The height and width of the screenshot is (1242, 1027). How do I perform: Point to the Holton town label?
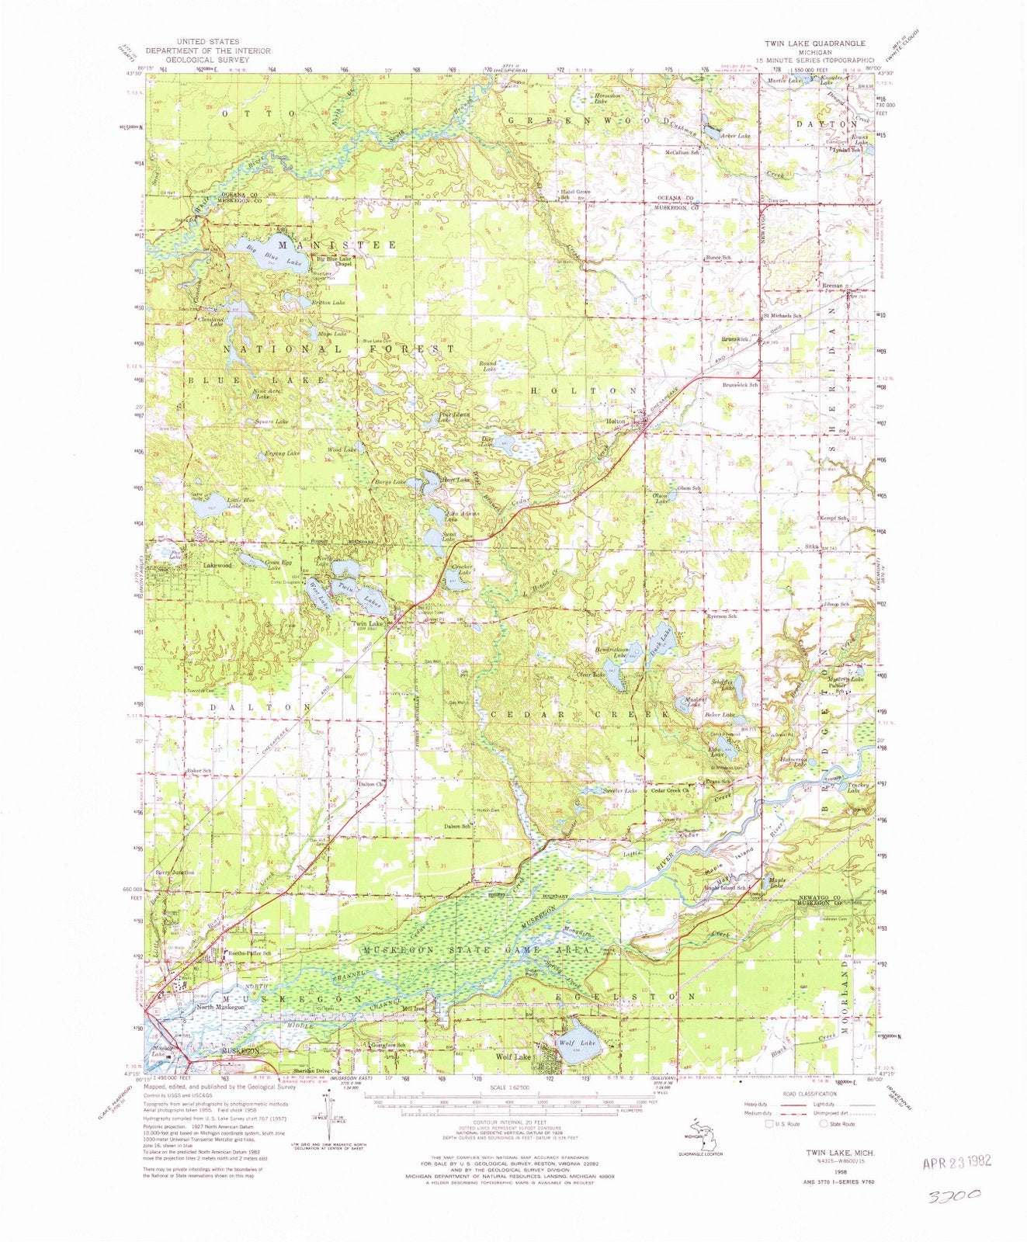pyautogui.click(x=616, y=422)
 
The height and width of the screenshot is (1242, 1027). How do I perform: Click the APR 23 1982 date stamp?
pyautogui.click(x=956, y=1164)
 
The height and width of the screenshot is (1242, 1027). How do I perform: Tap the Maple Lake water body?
pyautogui.click(x=772, y=885)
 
